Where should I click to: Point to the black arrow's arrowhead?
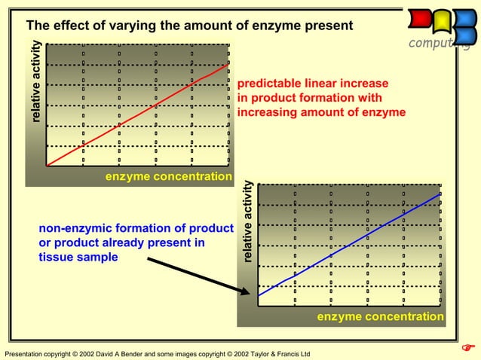(249, 293)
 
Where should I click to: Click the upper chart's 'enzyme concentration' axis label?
(168, 177)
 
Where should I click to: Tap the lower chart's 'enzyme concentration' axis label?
(380, 317)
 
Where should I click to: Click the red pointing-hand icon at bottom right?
(467, 347)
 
